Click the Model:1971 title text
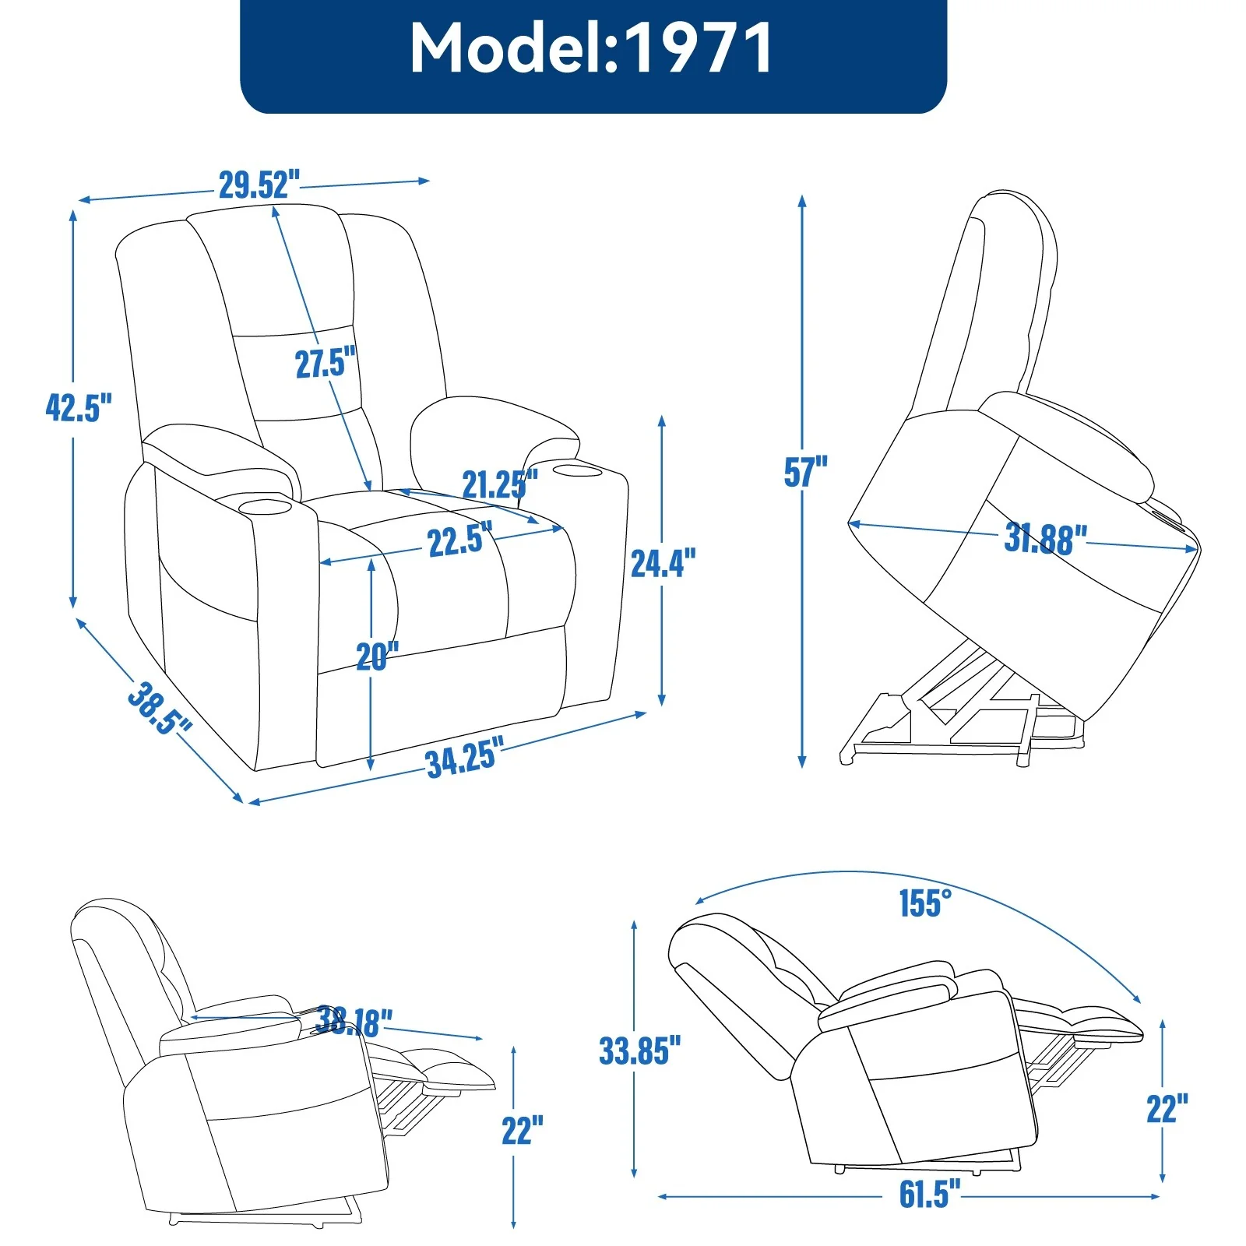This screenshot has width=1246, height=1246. tap(592, 48)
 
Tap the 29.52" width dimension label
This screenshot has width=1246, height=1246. tap(259, 185)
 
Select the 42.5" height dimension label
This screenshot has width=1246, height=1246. tap(79, 407)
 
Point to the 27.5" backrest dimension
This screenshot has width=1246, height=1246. tap(325, 363)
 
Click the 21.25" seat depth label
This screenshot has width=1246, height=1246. tap(499, 484)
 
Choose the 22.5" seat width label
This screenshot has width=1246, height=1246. tap(459, 540)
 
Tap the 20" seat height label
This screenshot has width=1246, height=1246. tap(377, 656)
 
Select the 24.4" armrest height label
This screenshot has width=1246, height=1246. tap(663, 563)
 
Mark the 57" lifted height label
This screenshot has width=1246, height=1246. tap(805, 472)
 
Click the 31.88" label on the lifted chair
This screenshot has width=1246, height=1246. tap(1044, 539)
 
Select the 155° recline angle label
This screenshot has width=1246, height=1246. tap(924, 903)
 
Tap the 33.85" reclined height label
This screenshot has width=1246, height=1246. tap(639, 1051)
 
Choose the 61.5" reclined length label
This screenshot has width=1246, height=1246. tap(929, 1194)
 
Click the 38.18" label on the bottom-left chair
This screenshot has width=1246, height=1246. tap(354, 1021)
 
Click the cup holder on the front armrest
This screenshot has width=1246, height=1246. tap(265, 508)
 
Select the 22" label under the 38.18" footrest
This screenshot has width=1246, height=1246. tap(522, 1130)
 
